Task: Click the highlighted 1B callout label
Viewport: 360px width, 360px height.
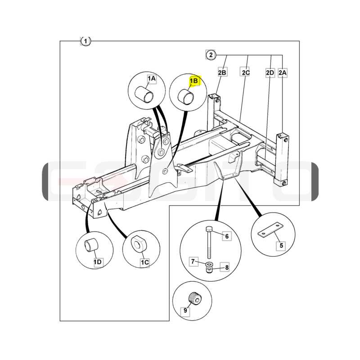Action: [x=195, y=81]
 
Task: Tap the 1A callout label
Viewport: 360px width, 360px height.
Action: [x=152, y=79]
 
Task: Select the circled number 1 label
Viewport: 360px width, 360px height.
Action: [x=85, y=41]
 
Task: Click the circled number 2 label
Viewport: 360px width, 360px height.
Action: [x=211, y=55]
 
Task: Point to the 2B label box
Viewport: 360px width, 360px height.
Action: [x=222, y=72]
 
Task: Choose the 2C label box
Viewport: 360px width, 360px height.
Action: [x=245, y=72]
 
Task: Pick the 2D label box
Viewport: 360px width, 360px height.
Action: [x=270, y=73]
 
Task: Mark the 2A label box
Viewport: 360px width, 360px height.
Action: [x=283, y=73]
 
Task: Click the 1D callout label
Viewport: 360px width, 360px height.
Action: [x=98, y=262]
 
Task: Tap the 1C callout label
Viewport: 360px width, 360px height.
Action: [x=144, y=262]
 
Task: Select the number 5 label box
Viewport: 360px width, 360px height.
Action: [x=281, y=245]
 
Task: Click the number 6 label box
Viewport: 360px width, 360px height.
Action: [x=227, y=236]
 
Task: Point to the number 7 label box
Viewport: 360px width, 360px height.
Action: [x=193, y=261]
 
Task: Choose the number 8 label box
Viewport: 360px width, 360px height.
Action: [x=227, y=267]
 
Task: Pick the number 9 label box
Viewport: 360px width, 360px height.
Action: [x=185, y=310]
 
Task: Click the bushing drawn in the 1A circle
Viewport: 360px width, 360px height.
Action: [x=144, y=94]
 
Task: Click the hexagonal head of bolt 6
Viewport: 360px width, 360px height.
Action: [x=209, y=229]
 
